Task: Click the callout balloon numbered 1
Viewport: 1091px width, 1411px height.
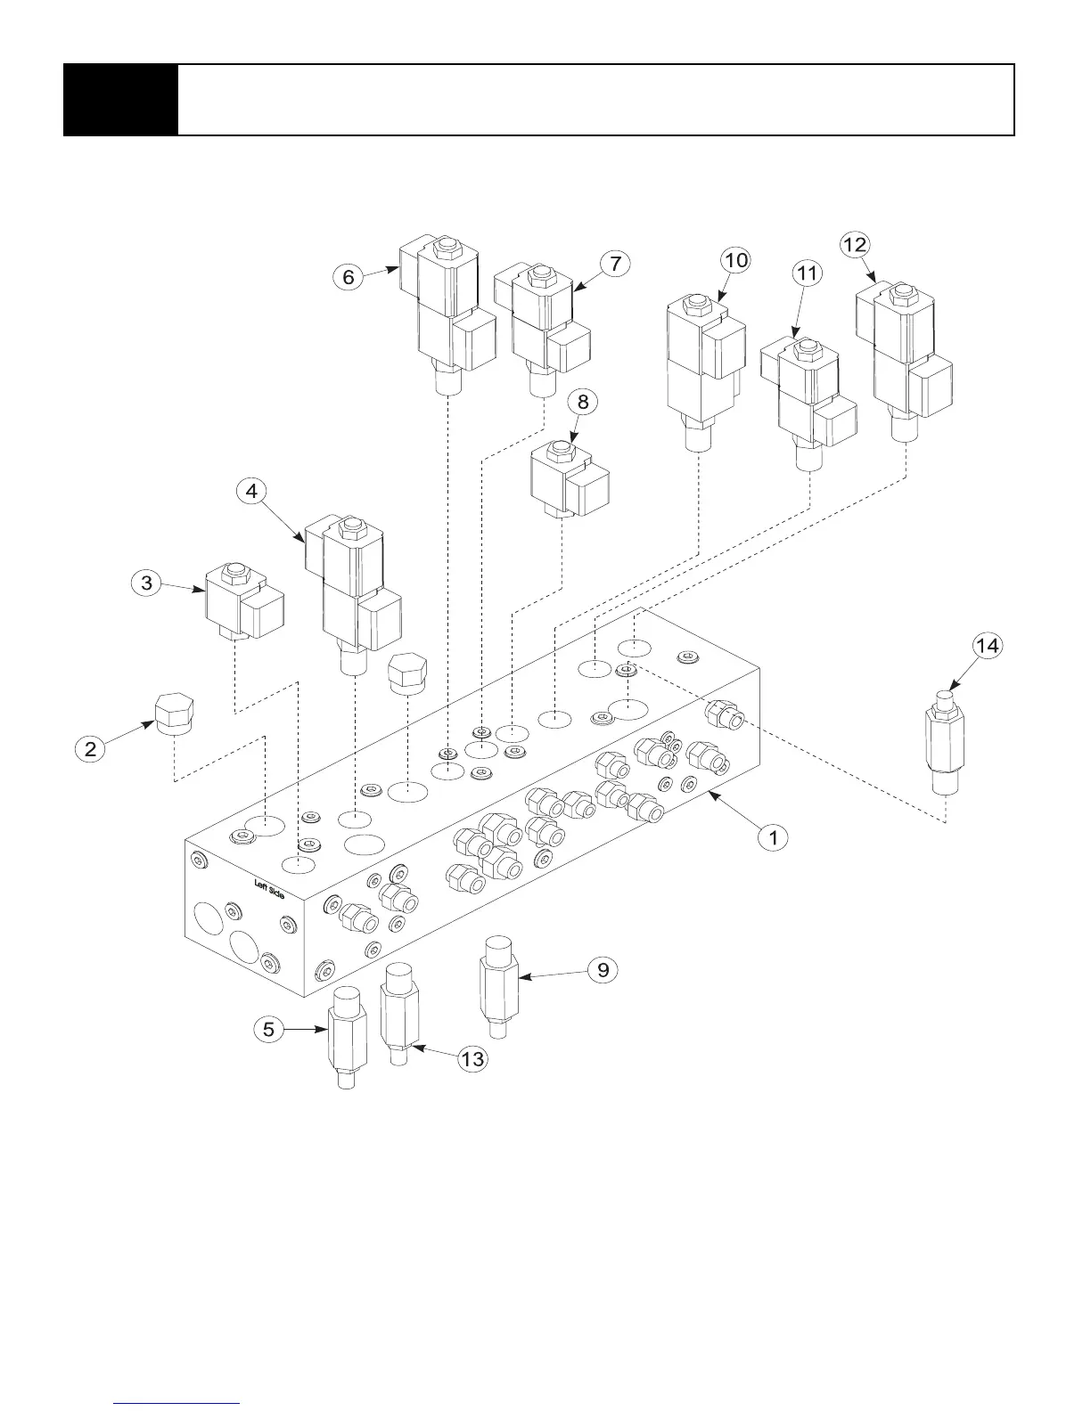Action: [774, 837]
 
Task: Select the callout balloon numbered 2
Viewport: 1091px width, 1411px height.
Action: [91, 748]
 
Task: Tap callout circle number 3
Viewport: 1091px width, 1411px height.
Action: [147, 583]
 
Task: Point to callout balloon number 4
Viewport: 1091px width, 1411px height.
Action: [252, 491]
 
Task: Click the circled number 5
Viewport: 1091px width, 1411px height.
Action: [268, 1030]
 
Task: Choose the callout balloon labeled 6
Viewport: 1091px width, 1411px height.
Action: [349, 277]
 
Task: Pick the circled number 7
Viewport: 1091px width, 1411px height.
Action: [615, 264]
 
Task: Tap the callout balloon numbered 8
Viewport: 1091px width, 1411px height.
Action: [583, 402]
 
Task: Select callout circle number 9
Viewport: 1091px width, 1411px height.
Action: [603, 969]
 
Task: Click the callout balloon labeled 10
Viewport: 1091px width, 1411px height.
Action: [736, 260]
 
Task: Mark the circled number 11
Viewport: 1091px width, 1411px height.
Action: [807, 273]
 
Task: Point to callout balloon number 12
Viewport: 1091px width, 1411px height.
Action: [855, 244]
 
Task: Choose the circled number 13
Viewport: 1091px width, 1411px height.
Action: [472, 1058]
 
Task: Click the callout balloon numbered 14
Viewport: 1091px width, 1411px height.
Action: [987, 646]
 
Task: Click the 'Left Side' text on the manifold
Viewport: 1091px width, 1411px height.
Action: [269, 889]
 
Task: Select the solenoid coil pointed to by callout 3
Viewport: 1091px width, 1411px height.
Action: [242, 603]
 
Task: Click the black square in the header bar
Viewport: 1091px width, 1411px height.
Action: [120, 100]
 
